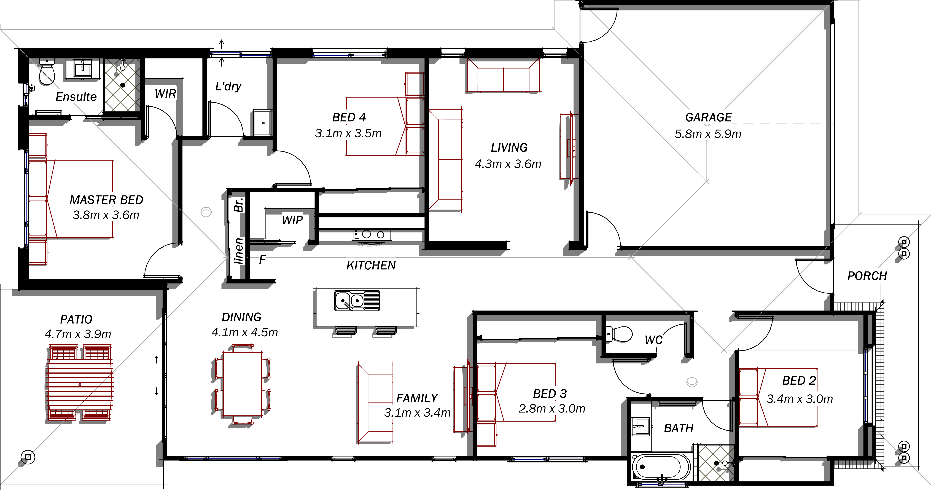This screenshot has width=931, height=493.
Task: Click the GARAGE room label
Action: tap(708, 117)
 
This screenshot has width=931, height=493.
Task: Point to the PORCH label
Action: tap(867, 276)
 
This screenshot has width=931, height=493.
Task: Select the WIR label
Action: tap(165, 94)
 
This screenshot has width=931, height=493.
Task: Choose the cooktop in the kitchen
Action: tap(372, 235)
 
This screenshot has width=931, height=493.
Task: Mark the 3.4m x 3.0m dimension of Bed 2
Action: tap(800, 399)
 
